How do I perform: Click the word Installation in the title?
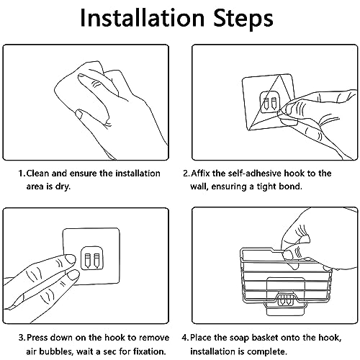coord(143,18)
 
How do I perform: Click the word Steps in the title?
coord(243,19)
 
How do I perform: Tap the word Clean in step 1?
coord(37,174)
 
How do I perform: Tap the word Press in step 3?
coord(37,338)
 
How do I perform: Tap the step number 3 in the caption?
coord(21,338)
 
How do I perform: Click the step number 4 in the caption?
coord(184,338)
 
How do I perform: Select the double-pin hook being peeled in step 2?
coord(270,102)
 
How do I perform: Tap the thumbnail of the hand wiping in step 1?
coord(78,114)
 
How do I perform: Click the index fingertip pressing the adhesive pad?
coord(70,259)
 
